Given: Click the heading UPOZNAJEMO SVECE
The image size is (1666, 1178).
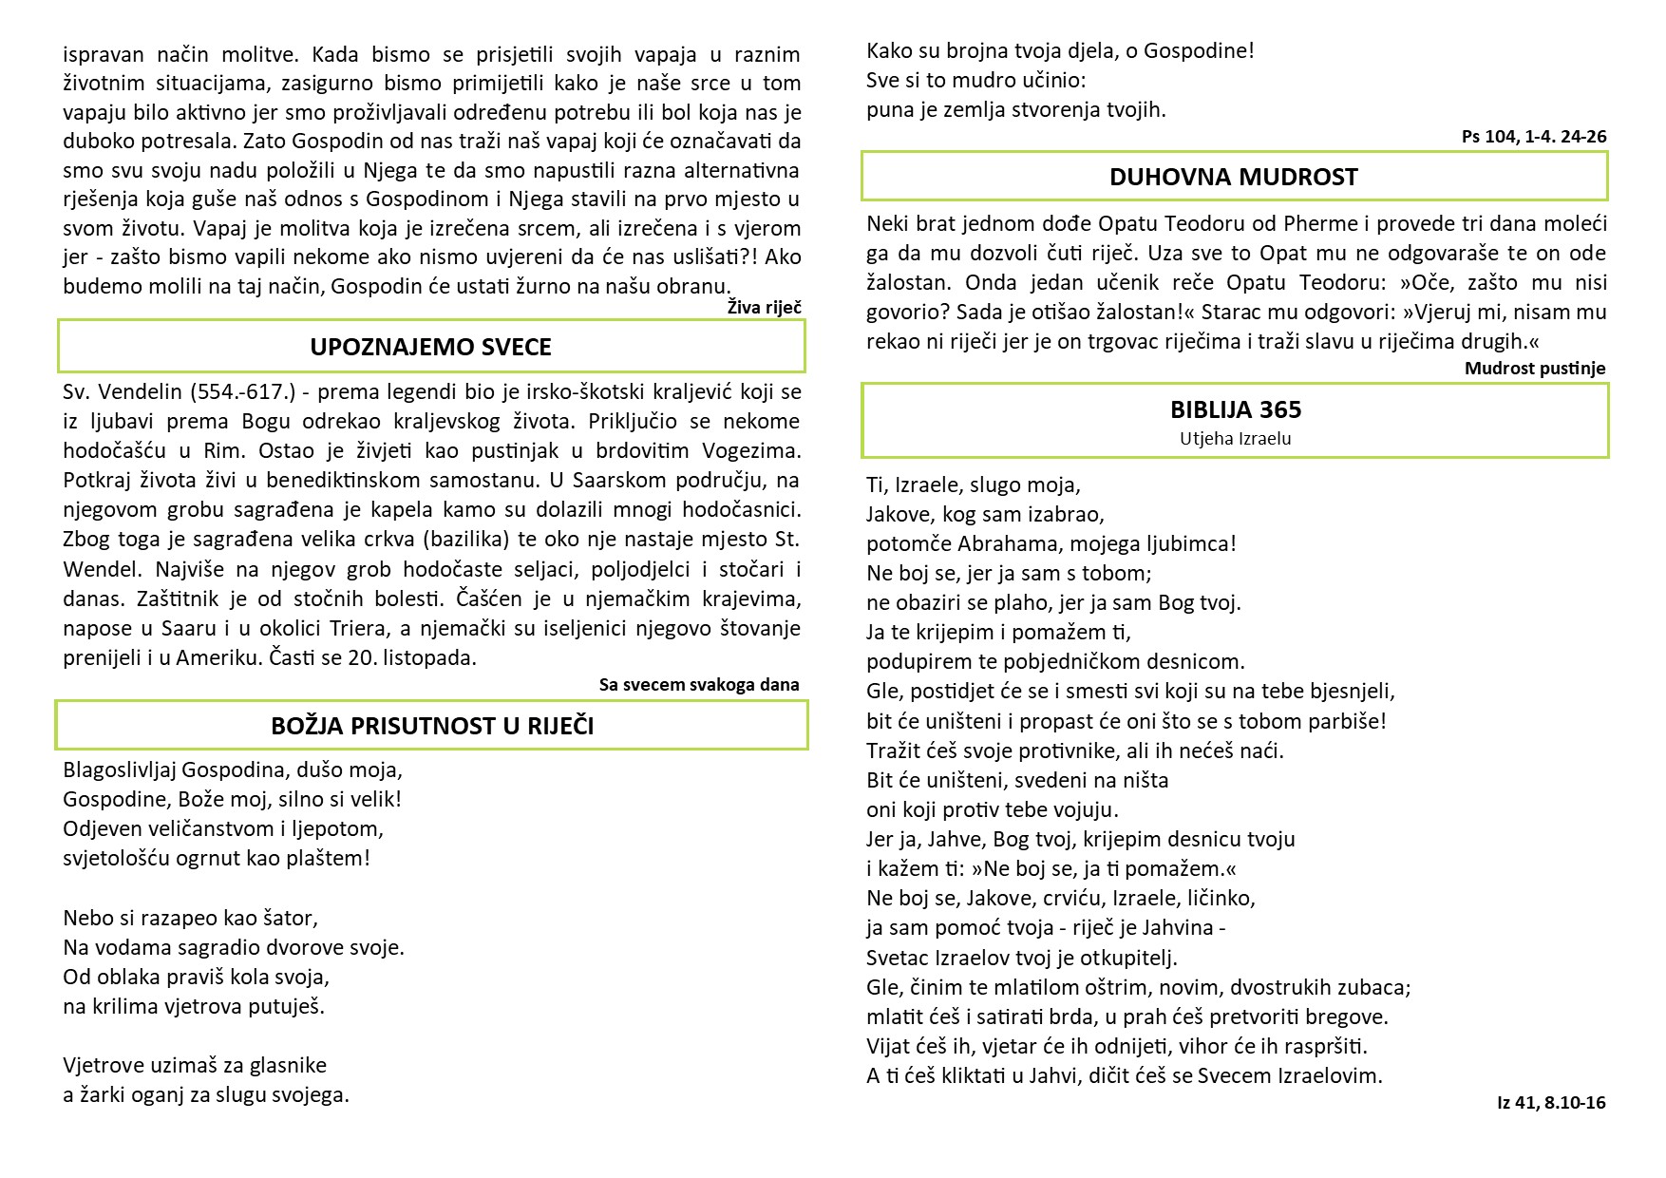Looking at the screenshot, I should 430,347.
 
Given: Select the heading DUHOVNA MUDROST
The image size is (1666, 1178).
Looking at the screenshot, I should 1233,177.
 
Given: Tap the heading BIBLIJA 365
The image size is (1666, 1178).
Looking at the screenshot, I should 1235,409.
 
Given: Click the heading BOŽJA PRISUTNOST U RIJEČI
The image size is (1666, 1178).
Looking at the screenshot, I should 432,726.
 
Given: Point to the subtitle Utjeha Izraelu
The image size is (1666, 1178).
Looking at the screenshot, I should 1235,439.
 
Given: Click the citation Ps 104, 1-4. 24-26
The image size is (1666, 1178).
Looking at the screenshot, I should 1533,137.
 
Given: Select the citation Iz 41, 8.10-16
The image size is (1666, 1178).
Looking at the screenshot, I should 1550,1103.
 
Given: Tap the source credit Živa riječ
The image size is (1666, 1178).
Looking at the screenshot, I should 764,307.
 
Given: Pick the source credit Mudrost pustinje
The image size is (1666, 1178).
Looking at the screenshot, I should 1534,369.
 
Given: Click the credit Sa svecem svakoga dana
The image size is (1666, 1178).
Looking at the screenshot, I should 699,684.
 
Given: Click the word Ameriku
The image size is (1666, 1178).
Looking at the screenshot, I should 218,657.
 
